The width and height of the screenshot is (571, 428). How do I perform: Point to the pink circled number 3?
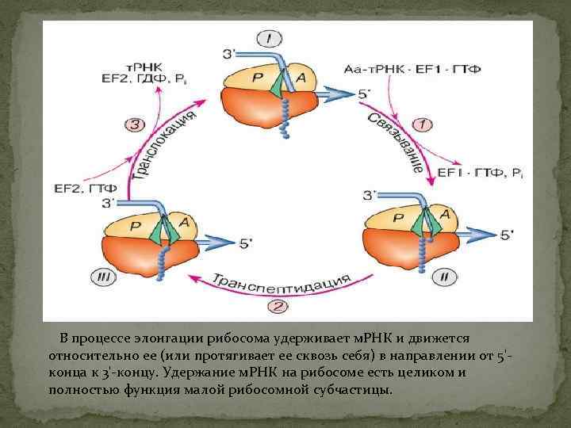pos(136,124)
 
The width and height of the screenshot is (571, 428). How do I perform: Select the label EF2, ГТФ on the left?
pos(85,188)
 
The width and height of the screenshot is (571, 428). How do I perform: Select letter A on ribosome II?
pos(445,214)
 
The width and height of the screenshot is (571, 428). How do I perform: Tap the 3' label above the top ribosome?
pos(229,53)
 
